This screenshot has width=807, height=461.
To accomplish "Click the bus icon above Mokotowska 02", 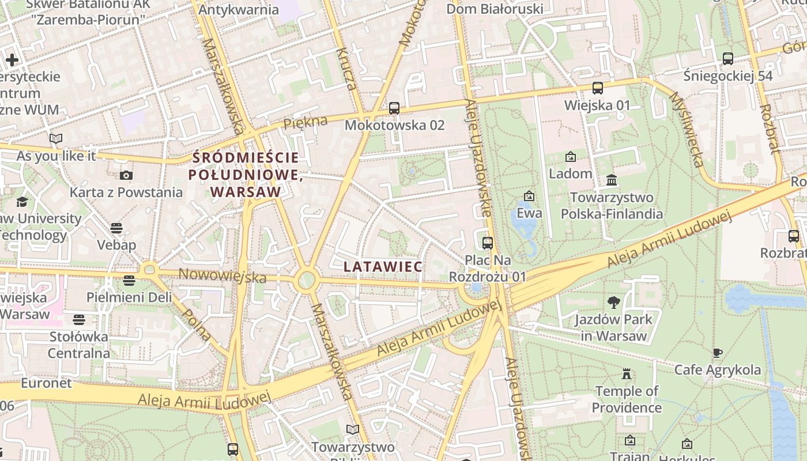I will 394,108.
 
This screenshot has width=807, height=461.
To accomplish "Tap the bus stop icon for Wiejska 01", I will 598,88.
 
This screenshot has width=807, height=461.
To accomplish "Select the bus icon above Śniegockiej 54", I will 728,58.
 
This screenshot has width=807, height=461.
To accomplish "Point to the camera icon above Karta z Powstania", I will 126,175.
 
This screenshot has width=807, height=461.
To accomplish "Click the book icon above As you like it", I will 56,138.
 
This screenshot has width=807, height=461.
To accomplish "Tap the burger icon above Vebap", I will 116,228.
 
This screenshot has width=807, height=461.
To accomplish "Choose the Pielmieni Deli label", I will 129,297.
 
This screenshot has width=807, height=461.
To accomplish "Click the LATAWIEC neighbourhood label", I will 383,267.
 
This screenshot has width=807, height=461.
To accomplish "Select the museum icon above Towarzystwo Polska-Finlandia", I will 612,180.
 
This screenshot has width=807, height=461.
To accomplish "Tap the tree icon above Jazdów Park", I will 614,302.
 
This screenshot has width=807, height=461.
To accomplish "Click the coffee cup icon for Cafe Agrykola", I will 717,353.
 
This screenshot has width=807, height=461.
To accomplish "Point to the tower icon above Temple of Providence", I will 627,375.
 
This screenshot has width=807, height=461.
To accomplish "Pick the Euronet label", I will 46,383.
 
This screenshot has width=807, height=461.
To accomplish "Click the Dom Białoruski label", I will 495,9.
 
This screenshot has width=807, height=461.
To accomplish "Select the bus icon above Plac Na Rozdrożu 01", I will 488,243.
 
